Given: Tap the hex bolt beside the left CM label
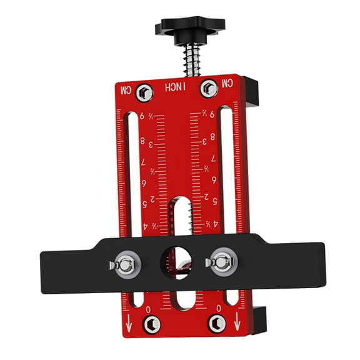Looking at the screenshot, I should [x=144, y=92].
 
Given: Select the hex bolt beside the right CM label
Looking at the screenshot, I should [x=209, y=87].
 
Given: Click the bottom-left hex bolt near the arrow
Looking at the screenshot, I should [x=151, y=324].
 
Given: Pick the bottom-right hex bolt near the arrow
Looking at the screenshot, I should [x=217, y=323].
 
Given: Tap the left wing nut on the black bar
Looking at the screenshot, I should [x=124, y=265].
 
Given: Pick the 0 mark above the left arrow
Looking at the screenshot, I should [x=148, y=309].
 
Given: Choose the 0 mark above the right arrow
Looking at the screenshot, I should [x=217, y=309].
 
